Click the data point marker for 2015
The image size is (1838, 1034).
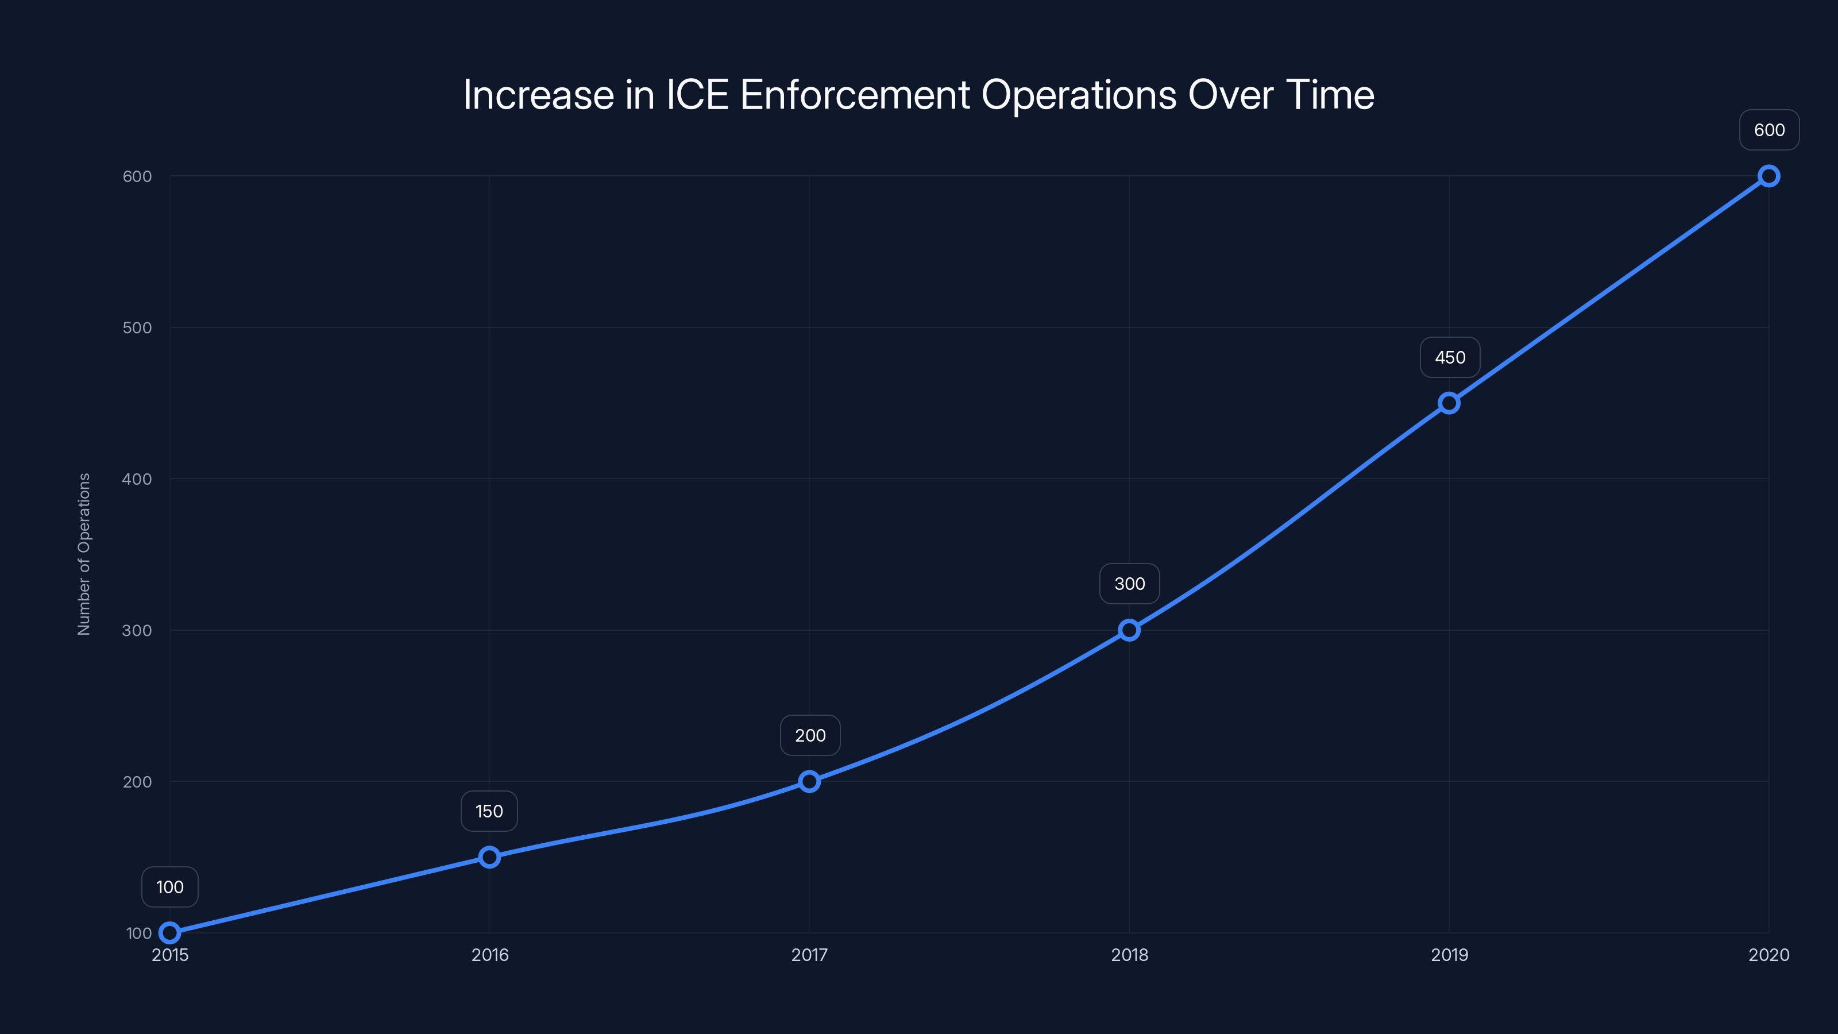pos(170,933)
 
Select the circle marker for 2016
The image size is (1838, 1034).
pos(489,857)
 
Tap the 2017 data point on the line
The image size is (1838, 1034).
pos(809,781)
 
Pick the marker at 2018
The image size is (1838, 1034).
pos(1129,630)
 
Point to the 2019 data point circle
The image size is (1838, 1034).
pos(1449,403)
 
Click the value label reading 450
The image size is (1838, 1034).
pos(1450,357)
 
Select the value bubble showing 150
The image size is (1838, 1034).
pos(489,811)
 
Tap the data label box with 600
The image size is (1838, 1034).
pos(1769,130)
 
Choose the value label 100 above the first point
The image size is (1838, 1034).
pos(170,887)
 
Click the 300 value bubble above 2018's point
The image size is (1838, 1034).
pos(1129,584)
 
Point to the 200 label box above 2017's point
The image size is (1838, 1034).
pos(810,736)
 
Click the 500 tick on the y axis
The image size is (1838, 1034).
pos(137,327)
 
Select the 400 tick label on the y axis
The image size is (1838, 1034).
pos(137,479)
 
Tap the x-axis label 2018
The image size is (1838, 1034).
pos(1129,955)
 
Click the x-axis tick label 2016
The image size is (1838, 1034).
pos(489,955)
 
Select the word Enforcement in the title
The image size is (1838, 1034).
pos(855,95)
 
